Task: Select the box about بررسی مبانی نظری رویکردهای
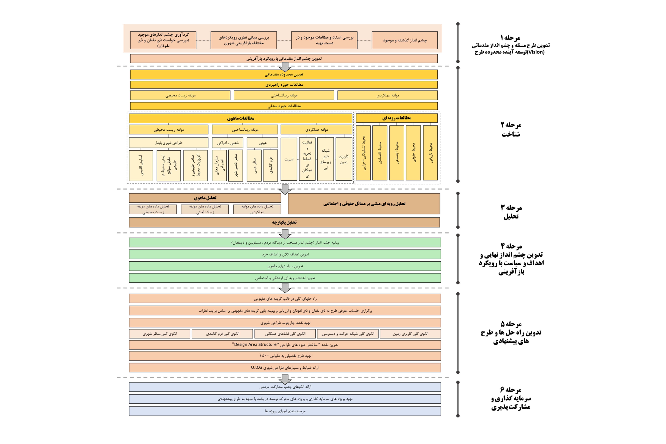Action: click(x=244, y=40)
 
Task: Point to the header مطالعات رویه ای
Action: click(x=396, y=118)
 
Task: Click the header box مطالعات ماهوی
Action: click(x=240, y=118)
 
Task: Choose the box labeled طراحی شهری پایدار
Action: click(x=168, y=143)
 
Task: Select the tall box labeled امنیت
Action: click(x=289, y=159)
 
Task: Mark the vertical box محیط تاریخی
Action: click(x=430, y=153)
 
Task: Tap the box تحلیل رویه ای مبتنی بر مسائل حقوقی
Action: click(x=364, y=204)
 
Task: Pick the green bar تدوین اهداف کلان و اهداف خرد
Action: click(x=285, y=254)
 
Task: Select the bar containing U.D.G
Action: click(x=285, y=368)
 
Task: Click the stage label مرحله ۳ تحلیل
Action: click(x=511, y=212)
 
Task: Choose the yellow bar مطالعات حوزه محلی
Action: click(x=284, y=106)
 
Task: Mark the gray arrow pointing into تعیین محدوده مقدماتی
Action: click(x=285, y=67)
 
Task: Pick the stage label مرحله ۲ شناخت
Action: click(x=511, y=129)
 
